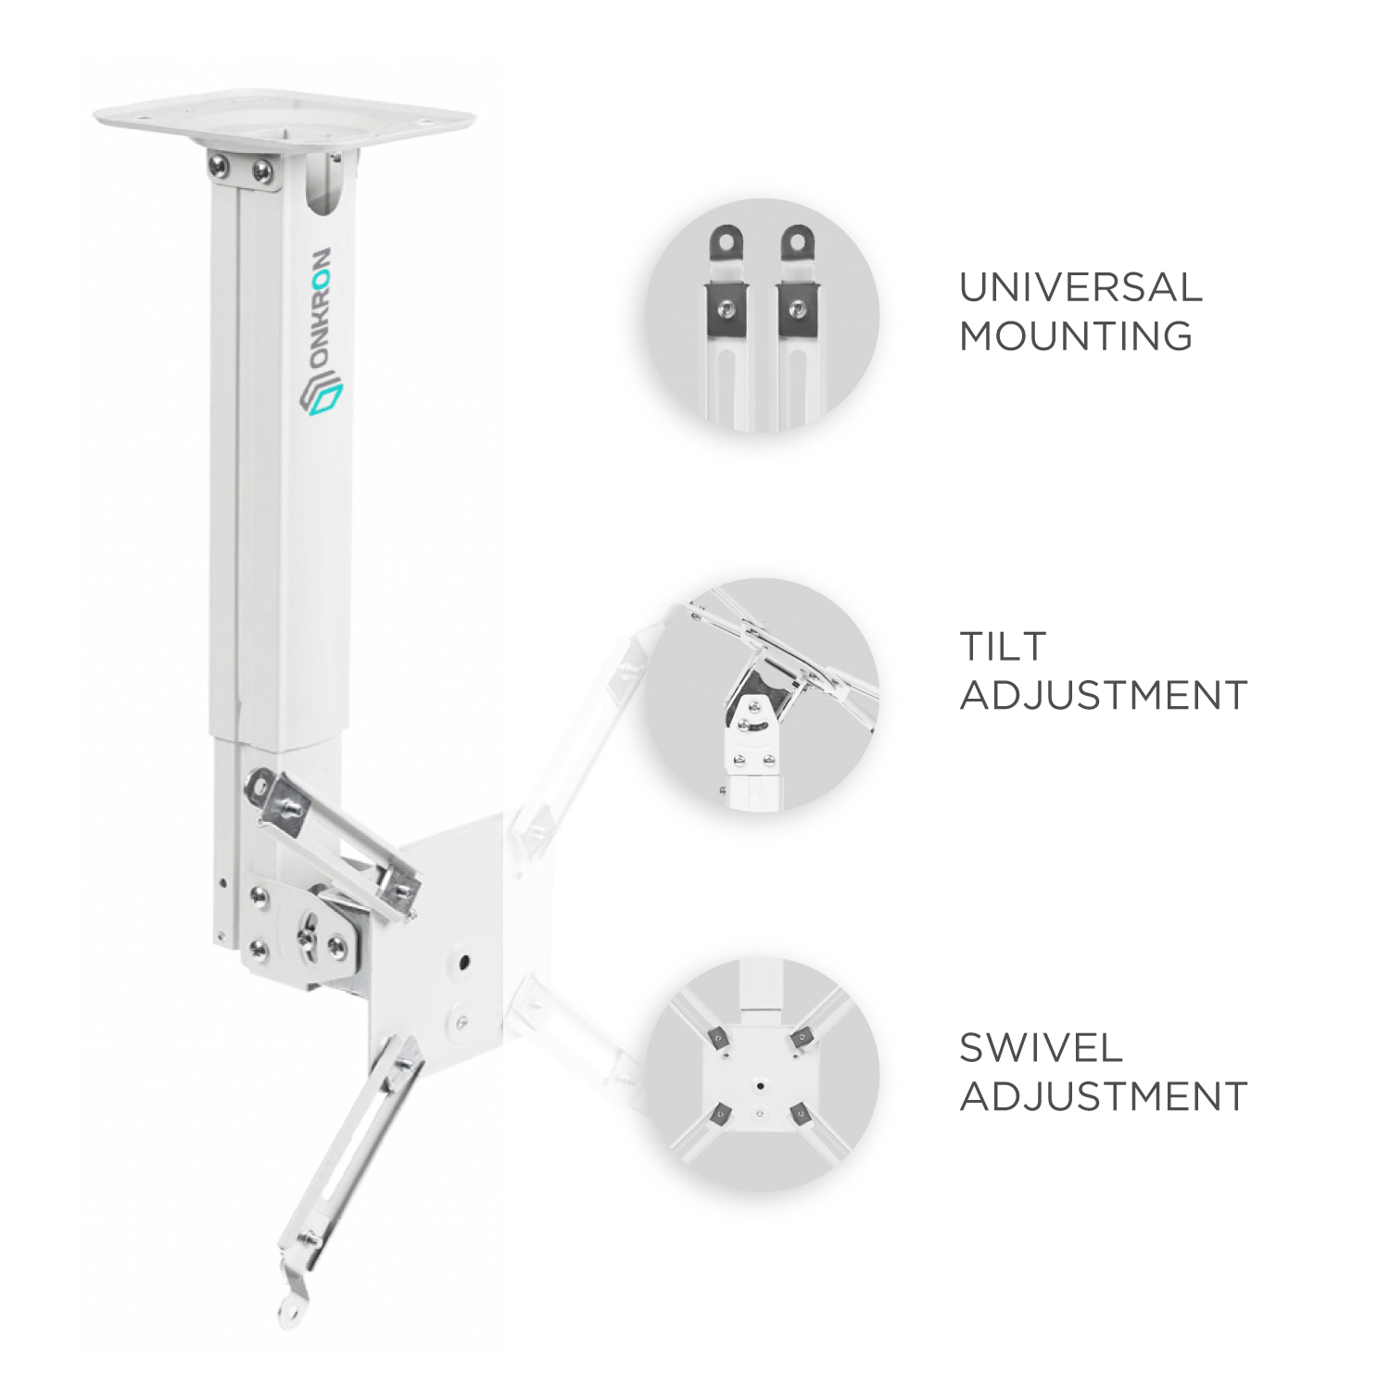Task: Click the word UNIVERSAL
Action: tap(1080, 287)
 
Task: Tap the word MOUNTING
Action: tap(1076, 335)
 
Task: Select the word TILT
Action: tap(1003, 646)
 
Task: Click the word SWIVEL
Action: tap(1041, 1048)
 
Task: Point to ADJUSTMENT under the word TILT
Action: tap(1104, 694)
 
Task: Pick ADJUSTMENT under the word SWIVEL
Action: tap(1104, 1096)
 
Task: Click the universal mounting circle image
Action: tap(762, 315)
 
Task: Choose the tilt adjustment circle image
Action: tap(762, 694)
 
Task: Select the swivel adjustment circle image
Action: tap(762, 1075)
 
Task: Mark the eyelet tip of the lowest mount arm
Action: tap(287, 1310)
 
